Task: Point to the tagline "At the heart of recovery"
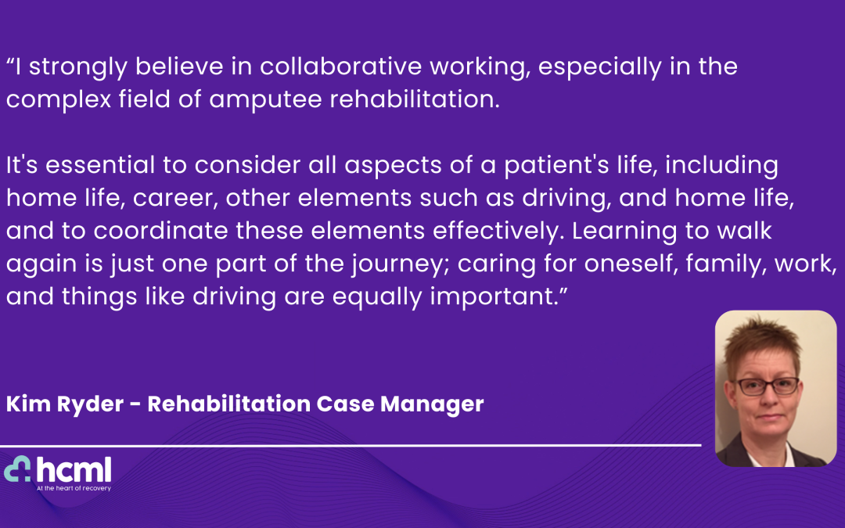click(74, 488)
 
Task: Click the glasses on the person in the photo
click(770, 386)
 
